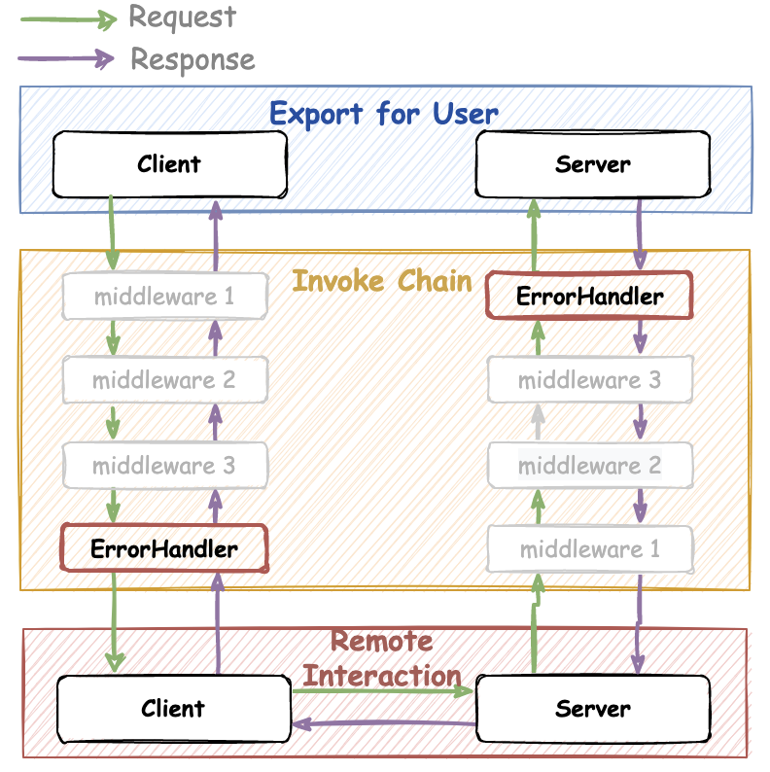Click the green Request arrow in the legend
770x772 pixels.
[63, 17]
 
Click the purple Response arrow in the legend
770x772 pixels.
[63, 59]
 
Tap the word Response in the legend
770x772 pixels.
[192, 59]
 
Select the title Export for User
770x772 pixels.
[383, 113]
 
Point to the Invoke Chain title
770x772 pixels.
[381, 281]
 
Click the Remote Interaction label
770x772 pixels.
[381, 658]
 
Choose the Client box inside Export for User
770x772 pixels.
[169, 163]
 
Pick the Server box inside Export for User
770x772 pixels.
[592, 163]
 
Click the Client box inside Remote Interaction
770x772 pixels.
[173, 708]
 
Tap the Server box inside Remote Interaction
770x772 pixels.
[592, 708]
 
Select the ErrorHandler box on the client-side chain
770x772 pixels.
[163, 548]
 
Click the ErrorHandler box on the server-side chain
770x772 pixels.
[589, 296]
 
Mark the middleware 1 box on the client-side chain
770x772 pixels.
[163, 296]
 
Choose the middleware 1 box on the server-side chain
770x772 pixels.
[589, 549]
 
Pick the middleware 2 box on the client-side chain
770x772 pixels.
[163, 379]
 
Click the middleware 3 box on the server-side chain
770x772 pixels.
[589, 380]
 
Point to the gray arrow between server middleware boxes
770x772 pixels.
[537, 422]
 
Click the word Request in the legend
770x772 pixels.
[182, 17]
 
